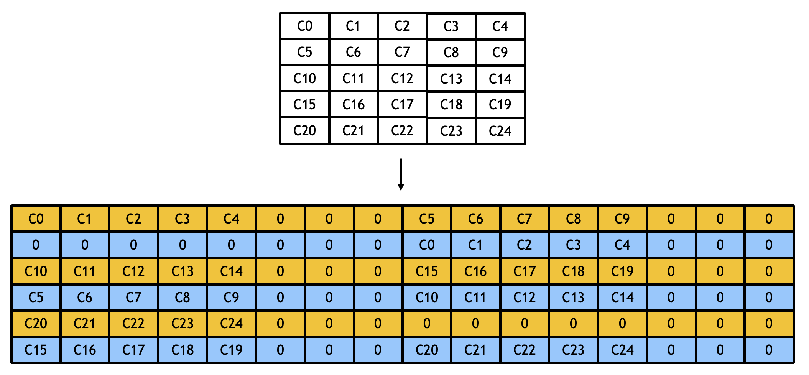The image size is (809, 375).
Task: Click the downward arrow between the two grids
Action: [401, 175]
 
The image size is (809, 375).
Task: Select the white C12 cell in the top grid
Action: [402, 79]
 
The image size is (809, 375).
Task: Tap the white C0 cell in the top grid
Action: [305, 26]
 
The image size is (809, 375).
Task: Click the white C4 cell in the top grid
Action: [500, 26]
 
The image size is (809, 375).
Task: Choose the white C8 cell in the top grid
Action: [451, 53]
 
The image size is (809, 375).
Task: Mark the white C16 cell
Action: [354, 105]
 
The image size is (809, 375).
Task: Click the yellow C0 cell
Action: [36, 219]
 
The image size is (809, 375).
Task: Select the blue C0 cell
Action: [427, 245]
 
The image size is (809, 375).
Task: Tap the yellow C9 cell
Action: [622, 219]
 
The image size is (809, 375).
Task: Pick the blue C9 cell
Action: [231, 298]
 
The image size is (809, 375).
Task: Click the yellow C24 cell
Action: [231, 324]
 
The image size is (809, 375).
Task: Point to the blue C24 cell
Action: [622, 350]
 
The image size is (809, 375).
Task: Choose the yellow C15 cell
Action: [427, 271]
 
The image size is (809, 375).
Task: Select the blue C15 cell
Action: [36, 350]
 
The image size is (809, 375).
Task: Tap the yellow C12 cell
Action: [133, 271]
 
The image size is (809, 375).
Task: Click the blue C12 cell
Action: [525, 298]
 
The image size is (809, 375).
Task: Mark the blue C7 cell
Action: [133, 298]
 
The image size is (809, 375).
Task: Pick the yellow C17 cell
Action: [525, 271]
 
